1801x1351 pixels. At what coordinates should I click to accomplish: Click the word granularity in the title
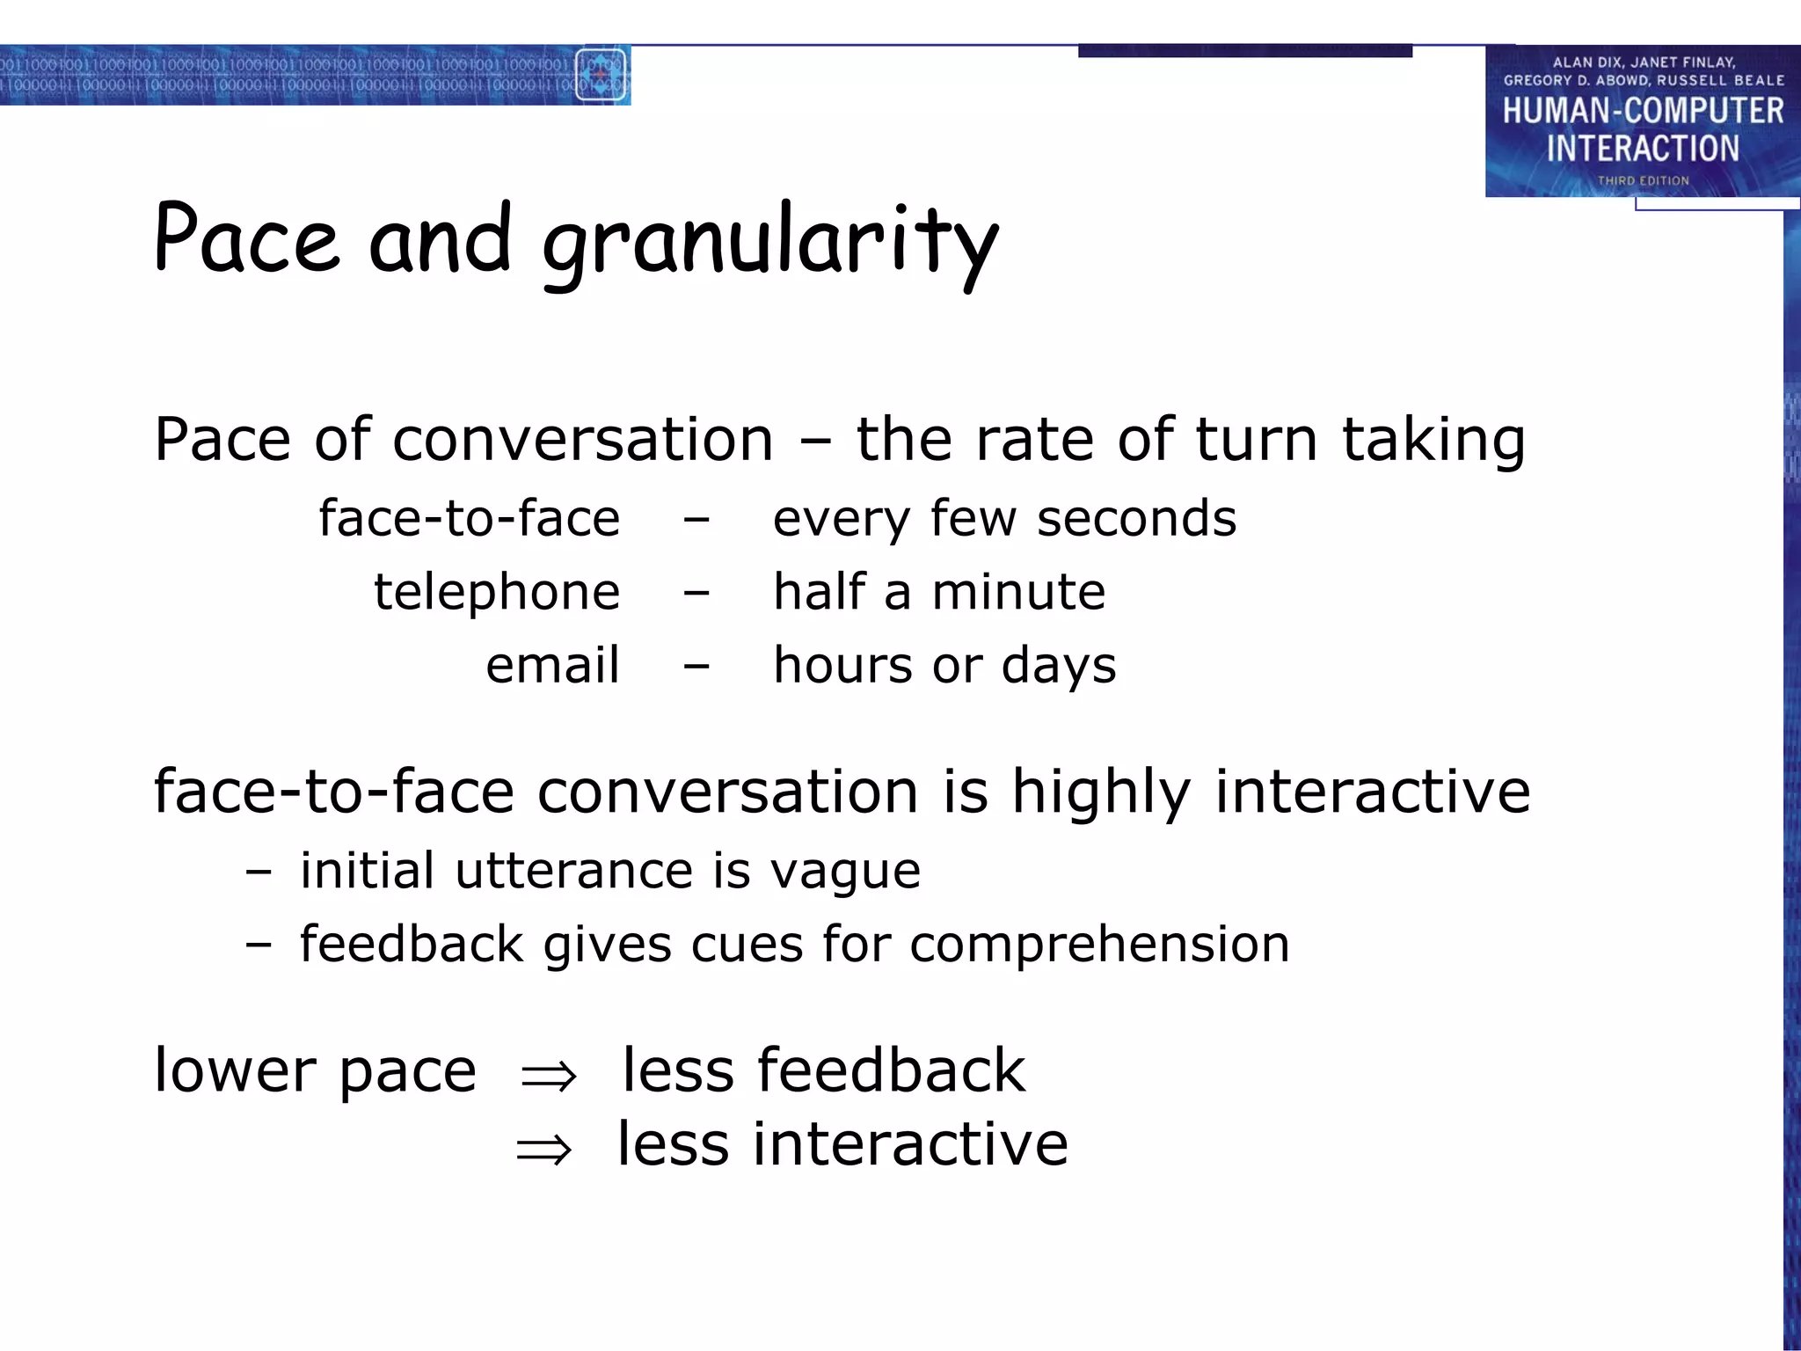(770, 242)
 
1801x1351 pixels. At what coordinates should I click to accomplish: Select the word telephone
(497, 592)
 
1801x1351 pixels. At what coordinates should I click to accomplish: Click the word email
(552, 665)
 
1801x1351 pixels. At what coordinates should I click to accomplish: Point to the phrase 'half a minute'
(939, 592)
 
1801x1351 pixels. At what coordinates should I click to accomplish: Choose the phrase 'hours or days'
(944, 666)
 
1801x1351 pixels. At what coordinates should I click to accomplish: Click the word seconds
(1136, 519)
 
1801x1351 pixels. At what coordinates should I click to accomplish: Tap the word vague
(845, 872)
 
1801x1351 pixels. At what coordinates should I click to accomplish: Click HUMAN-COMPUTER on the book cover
(1643, 112)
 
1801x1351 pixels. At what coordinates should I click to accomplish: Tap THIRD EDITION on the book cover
(1643, 181)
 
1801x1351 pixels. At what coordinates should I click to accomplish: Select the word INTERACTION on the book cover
(1643, 149)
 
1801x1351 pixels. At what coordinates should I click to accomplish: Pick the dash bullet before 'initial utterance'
(259, 873)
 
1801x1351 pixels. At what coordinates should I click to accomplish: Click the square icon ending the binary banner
(600, 76)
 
